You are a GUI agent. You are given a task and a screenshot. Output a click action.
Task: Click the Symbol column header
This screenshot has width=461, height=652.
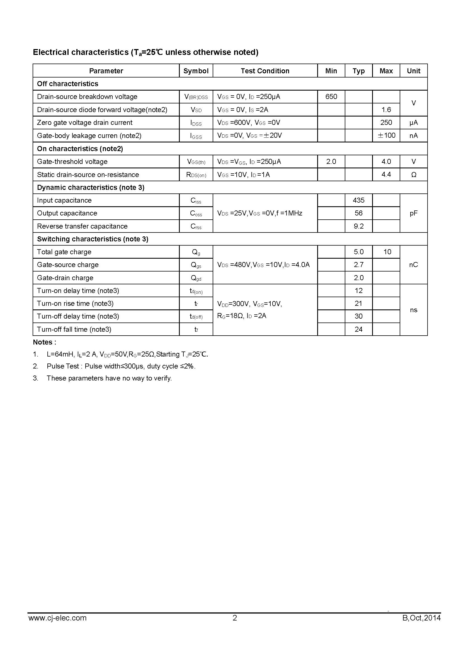coord(196,71)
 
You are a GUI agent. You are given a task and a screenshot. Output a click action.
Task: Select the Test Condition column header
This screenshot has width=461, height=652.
coord(265,71)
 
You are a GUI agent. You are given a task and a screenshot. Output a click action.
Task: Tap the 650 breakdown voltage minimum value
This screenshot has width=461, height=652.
coord(331,96)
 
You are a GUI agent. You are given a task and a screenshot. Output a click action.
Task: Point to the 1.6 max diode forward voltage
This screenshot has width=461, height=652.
coord(386,110)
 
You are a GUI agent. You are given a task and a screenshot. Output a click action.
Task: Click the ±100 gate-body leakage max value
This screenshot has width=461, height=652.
coord(386,135)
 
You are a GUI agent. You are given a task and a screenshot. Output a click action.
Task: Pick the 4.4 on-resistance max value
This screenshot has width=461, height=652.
coord(386,174)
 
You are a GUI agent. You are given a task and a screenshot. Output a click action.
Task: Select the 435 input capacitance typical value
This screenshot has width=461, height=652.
coord(358,200)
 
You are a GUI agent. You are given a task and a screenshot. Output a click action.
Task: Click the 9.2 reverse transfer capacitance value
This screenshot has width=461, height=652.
coord(358,226)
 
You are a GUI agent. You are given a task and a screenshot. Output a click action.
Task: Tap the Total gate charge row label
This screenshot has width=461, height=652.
coord(64,252)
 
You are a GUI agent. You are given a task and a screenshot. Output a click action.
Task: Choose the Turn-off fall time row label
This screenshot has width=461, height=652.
coord(74,329)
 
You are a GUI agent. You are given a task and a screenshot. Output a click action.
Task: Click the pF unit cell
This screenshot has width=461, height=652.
coord(414,213)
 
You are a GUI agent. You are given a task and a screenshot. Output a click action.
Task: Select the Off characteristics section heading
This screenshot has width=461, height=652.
coord(67,84)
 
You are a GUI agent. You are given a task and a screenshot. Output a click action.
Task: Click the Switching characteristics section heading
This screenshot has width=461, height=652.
coord(93,239)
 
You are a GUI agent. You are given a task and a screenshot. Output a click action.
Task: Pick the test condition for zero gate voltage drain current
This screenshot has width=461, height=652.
coord(249,123)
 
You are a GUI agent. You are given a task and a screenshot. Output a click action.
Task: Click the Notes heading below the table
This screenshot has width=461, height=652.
coord(44,342)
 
